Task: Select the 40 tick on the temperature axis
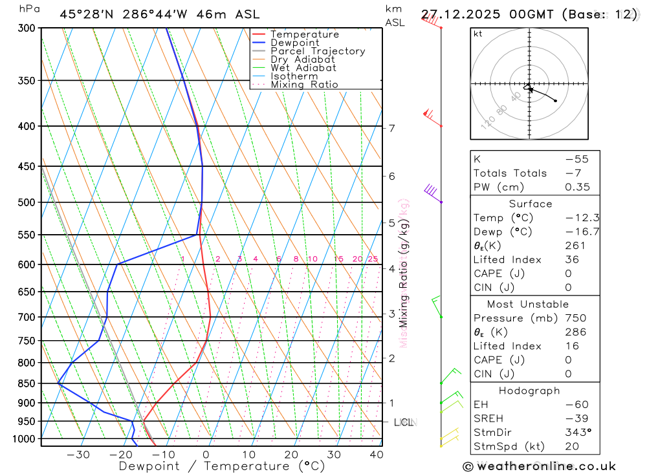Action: [375, 455]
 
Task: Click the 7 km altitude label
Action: [392, 128]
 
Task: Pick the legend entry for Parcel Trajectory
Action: [318, 51]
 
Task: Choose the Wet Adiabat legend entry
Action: [303, 68]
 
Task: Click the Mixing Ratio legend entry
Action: [304, 85]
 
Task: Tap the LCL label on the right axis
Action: [403, 422]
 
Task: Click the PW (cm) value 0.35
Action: [578, 188]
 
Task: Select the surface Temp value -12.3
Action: [578, 218]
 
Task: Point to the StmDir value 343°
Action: [578, 433]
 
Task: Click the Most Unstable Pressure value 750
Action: [575, 318]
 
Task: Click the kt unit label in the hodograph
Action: [478, 34]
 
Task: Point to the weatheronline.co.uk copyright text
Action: [539, 466]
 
